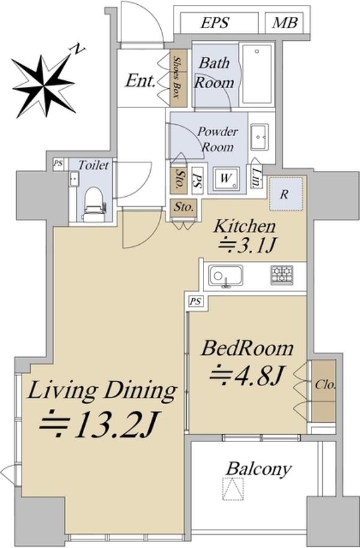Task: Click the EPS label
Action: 215,23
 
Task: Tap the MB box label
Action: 285,23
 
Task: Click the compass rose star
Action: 43,85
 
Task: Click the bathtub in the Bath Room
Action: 257,74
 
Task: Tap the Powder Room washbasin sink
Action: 259,137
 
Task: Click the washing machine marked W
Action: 226,179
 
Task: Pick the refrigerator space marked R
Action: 286,194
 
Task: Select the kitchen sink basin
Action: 226,276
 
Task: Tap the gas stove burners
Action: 281,275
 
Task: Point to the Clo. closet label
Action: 325,385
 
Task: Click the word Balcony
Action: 259,469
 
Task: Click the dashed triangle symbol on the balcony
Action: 233,489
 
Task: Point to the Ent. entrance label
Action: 140,81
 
